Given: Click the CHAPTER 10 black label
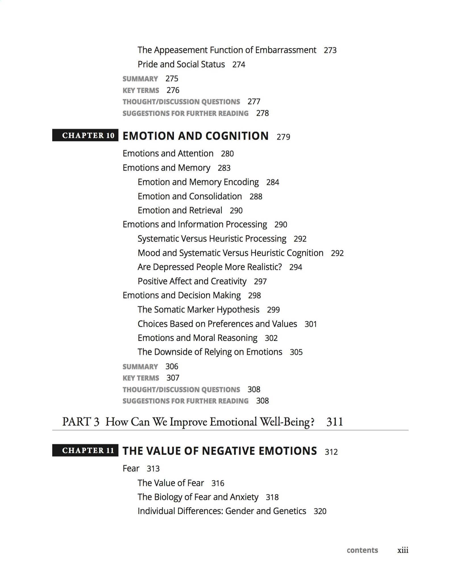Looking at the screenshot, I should point(85,135).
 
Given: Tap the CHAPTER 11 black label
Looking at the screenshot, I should point(85,450).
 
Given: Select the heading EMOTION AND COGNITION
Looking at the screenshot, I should point(195,136).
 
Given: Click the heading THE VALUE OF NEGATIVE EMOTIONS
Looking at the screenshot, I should point(220,451).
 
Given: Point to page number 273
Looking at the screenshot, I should point(330,50).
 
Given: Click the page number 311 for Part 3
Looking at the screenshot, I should point(335,422).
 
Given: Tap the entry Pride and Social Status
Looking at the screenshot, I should point(181,65).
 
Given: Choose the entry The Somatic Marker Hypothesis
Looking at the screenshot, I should point(198,310).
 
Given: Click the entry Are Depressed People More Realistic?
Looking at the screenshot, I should point(210,267).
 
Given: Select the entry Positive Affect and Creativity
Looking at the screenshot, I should point(192,281).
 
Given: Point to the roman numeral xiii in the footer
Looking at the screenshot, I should point(403,550).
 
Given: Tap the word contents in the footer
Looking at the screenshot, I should point(362,550).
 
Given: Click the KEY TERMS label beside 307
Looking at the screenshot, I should point(141,378).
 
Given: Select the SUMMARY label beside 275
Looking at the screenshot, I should point(140,79).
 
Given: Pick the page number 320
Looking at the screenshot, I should point(320,511).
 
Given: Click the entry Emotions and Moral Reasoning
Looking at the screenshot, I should point(197,338).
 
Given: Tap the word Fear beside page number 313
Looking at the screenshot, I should point(131,468).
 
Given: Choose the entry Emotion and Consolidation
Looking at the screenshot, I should point(190,196).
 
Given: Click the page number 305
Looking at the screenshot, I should point(296,352).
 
